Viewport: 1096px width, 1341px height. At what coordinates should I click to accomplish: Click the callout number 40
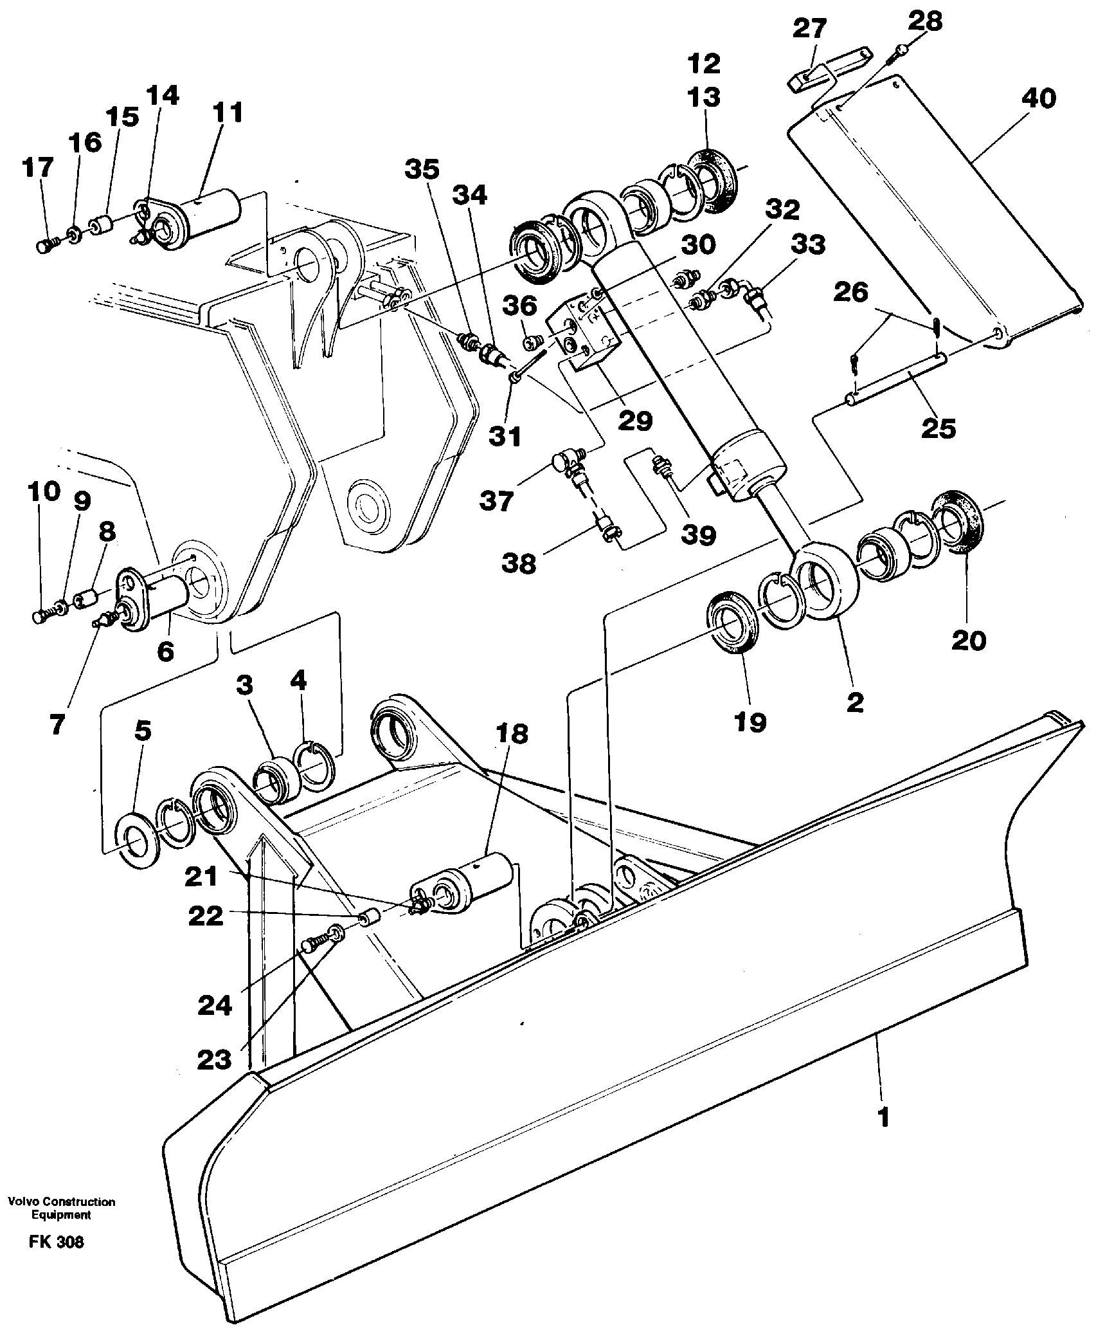tap(1038, 98)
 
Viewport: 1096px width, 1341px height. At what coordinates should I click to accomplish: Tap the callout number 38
tap(519, 563)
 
